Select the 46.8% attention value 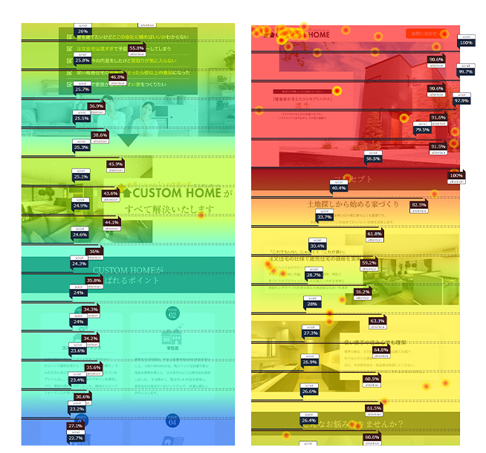pyautogui.click(x=117, y=77)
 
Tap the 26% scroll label pyautogui.click(x=82, y=31)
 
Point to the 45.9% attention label pyautogui.click(x=115, y=164)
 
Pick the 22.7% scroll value pyautogui.click(x=76, y=438)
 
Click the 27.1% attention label pyautogui.click(x=76, y=426)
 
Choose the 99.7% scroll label pyautogui.click(x=466, y=72)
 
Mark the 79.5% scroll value pyautogui.click(x=422, y=130)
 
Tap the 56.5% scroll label pyautogui.click(x=373, y=158)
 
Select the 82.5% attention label pyautogui.click(x=418, y=204)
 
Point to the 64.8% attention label pyautogui.click(x=381, y=349)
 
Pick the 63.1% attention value pyautogui.click(x=378, y=321)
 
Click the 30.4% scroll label pyautogui.click(x=317, y=246)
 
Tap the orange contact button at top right pyautogui.click(x=426, y=33)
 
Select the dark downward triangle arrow pyautogui.click(x=129, y=140)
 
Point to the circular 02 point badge pyautogui.click(x=172, y=313)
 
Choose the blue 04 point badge pyautogui.click(x=172, y=422)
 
